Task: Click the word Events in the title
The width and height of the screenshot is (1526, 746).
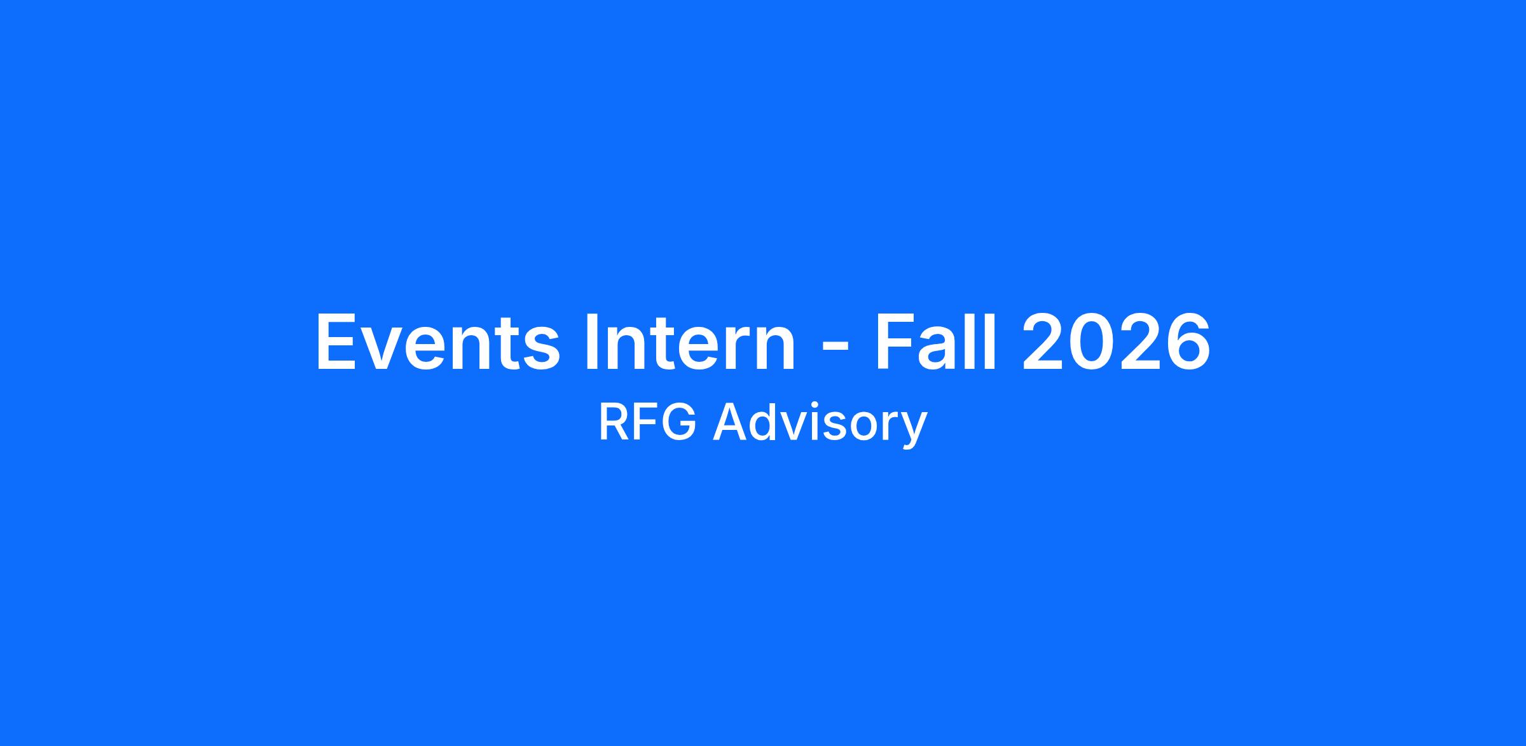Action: click(438, 342)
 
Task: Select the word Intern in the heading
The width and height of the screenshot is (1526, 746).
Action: click(689, 342)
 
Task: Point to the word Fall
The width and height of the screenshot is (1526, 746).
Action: click(936, 342)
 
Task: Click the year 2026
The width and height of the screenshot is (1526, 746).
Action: click(1115, 342)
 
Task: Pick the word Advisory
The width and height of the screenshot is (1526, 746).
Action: click(820, 425)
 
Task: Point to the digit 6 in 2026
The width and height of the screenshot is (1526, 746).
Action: click(1188, 342)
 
